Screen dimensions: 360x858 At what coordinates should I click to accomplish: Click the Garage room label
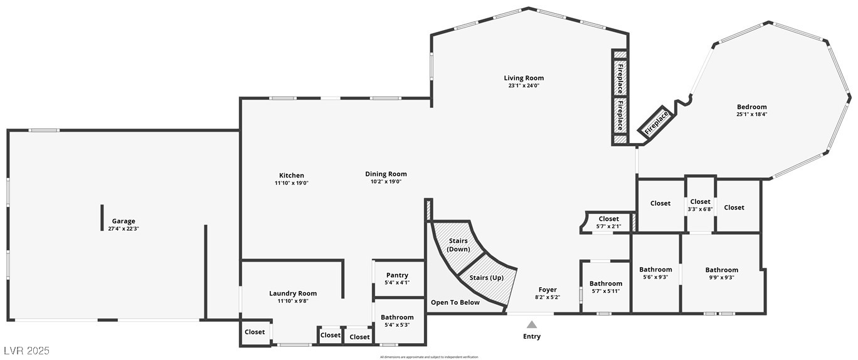(124, 221)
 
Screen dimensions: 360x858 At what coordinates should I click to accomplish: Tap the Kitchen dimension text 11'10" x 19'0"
(291, 183)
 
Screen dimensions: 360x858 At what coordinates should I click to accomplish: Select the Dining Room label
(386, 174)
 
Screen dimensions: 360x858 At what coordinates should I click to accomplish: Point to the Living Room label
(524, 78)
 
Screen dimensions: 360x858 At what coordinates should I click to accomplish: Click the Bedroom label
(751, 107)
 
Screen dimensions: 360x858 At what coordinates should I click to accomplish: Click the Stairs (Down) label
(458, 245)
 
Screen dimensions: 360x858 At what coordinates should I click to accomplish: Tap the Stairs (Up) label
(486, 277)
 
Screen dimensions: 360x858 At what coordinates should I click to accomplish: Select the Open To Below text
(455, 302)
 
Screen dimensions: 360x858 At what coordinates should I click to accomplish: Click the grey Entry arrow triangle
(531, 325)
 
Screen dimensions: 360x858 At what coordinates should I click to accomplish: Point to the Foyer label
(547, 290)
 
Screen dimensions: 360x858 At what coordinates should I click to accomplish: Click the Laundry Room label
(293, 294)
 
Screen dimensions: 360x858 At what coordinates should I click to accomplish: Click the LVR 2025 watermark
(26, 351)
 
